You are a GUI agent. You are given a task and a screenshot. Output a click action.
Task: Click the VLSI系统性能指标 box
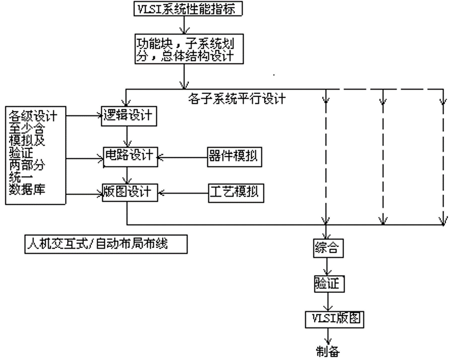(183, 9)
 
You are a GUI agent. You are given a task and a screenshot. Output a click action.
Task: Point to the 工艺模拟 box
(234, 191)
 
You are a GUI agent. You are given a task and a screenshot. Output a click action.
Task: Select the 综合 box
(326, 248)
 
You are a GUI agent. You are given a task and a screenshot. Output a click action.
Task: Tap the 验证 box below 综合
(326, 283)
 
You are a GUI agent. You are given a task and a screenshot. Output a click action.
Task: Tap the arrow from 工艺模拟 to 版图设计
(181, 191)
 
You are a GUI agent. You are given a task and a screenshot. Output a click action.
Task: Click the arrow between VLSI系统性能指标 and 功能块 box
(184, 23)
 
